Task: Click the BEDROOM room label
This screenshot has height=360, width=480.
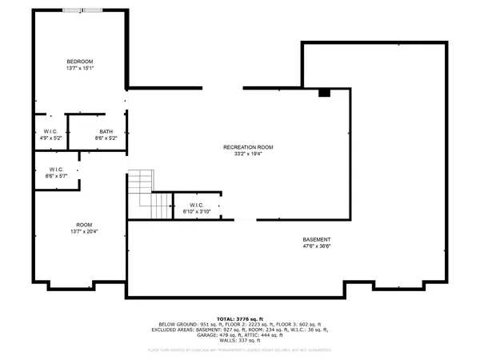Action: pos(80,62)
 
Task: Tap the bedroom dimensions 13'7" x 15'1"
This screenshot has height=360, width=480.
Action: pos(80,69)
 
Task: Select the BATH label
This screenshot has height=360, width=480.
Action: pos(106,132)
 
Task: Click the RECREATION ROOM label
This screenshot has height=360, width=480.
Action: pos(248,147)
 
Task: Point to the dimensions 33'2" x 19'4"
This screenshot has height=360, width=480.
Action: pos(248,154)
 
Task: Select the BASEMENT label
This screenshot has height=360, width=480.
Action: pos(317,240)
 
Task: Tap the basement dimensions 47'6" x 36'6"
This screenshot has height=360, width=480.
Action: pos(317,247)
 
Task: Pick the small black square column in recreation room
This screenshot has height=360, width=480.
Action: pos(324,93)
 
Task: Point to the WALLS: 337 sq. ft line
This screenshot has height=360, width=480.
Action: pos(239,341)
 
